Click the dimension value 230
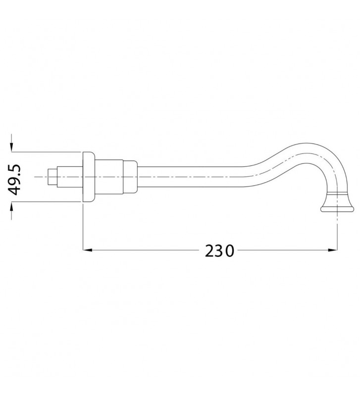point(219,251)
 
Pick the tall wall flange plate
point(88,177)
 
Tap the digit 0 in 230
point(229,251)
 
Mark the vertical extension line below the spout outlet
point(338,233)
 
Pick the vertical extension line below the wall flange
point(82,228)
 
